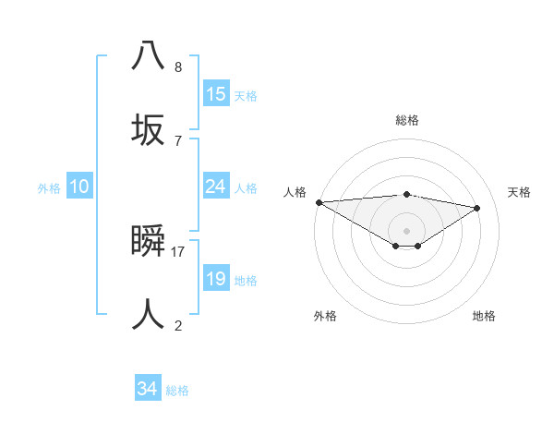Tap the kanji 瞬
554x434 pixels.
tap(148, 243)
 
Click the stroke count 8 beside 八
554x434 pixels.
tap(178, 67)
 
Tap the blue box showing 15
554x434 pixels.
tap(216, 94)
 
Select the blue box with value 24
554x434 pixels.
tap(216, 187)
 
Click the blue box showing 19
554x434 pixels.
tap(216, 279)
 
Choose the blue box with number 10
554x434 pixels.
tap(79, 187)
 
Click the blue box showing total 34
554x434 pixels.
tap(148, 390)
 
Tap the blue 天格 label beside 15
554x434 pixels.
tap(246, 96)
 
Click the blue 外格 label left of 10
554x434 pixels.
tap(49, 188)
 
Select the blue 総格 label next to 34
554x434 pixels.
tap(177, 392)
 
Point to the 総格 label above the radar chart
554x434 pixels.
tap(407, 120)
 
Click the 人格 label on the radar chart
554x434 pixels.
tap(295, 192)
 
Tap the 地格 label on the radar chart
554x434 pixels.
tap(484, 316)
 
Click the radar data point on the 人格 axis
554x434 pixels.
tap(319, 202)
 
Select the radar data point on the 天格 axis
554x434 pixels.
tap(477, 208)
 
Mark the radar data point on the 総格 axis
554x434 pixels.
tap(407, 194)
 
